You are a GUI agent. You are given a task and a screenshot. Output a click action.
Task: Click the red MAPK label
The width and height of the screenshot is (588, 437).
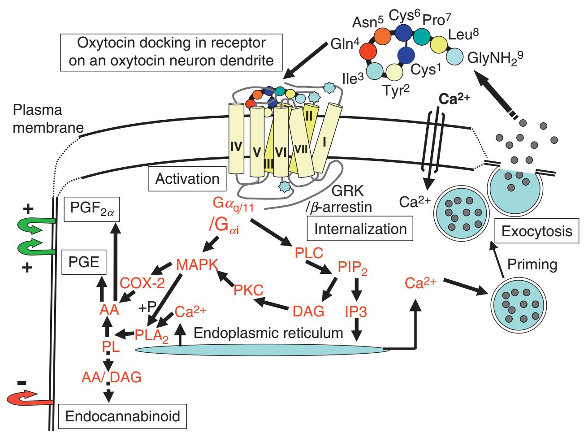coord(197,265)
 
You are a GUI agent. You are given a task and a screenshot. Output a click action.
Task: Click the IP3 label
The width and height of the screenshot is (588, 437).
coord(356,311)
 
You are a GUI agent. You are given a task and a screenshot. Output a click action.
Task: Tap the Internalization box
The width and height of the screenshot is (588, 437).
coord(360,229)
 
